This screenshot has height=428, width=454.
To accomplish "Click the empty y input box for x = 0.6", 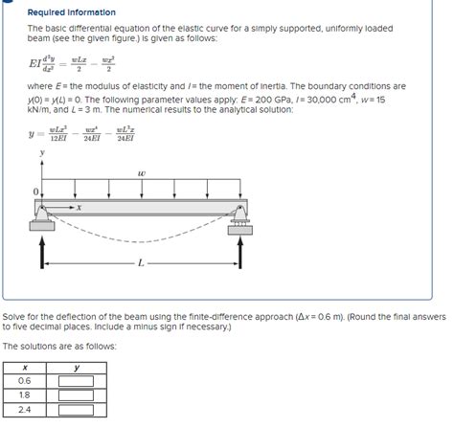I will [x=76, y=381].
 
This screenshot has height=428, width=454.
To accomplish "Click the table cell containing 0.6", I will [x=24, y=381].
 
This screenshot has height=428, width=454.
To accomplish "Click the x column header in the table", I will [x=24, y=368].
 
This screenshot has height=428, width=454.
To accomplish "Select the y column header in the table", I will [x=76, y=368].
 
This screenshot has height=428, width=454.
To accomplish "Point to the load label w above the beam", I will [x=141, y=173].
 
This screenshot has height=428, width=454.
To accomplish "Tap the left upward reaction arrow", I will [x=41, y=252].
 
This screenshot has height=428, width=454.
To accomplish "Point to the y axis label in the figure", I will [x=41, y=153].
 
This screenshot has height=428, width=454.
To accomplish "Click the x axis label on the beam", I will [x=79, y=206].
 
